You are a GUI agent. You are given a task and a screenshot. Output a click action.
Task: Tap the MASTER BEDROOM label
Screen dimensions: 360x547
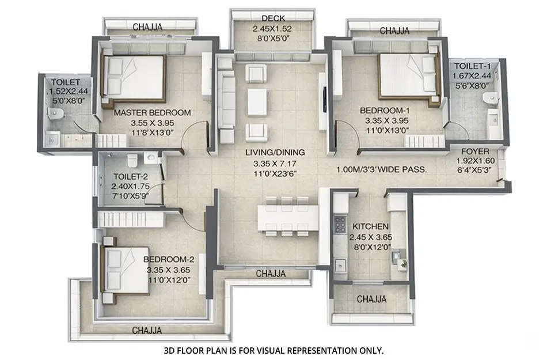(152, 112)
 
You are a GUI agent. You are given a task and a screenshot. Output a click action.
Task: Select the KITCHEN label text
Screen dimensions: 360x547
(370, 226)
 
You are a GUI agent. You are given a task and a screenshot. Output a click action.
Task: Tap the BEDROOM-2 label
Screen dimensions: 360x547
(169, 259)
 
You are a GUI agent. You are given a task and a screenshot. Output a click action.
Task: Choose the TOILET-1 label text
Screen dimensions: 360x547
(471, 66)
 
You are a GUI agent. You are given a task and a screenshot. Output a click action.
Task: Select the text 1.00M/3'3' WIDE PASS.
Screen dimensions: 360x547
(381, 170)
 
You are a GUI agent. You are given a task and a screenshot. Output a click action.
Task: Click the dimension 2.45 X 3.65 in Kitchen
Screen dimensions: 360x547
(370, 236)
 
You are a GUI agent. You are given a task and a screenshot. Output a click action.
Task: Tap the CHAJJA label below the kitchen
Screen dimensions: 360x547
(371, 300)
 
